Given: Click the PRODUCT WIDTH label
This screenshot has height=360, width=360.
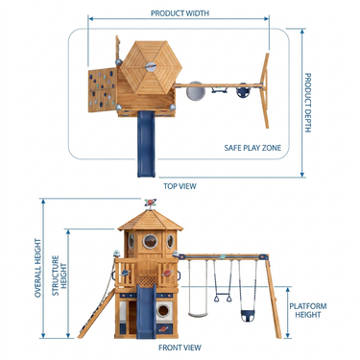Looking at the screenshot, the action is point(180,13).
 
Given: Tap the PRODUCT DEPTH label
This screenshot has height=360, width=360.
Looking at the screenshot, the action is point(307,103).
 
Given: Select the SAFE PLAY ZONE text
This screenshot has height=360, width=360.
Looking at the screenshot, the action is point(252,148).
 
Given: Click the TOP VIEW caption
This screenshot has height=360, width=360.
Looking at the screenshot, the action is point(180,186).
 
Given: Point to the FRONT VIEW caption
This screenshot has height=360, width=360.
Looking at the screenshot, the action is point(180,348).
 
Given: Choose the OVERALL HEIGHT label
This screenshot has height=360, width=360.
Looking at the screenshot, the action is point(38,268).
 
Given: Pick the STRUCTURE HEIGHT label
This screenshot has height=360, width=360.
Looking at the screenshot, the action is point(60,276).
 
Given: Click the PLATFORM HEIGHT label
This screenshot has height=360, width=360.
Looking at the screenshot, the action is point(308,310).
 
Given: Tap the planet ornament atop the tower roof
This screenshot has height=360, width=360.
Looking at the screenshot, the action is point(150,203).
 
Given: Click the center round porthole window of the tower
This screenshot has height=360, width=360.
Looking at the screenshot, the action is point(150,242).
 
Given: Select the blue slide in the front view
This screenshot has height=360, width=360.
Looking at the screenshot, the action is point(146,311).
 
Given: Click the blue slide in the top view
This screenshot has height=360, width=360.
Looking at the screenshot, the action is point(146,143).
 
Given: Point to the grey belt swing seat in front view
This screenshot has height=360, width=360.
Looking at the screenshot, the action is point(198,315).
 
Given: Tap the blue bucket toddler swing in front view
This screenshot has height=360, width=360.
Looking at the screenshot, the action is point(248,316).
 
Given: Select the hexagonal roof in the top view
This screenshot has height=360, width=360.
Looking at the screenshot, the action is point(151,67).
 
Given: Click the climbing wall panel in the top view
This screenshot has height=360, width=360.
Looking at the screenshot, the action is point(102,89).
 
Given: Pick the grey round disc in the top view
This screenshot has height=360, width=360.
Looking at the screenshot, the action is point(196,91).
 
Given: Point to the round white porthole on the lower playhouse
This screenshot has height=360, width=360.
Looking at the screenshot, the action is point(163,310).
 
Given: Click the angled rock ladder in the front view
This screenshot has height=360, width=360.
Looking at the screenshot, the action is point(96,314).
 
